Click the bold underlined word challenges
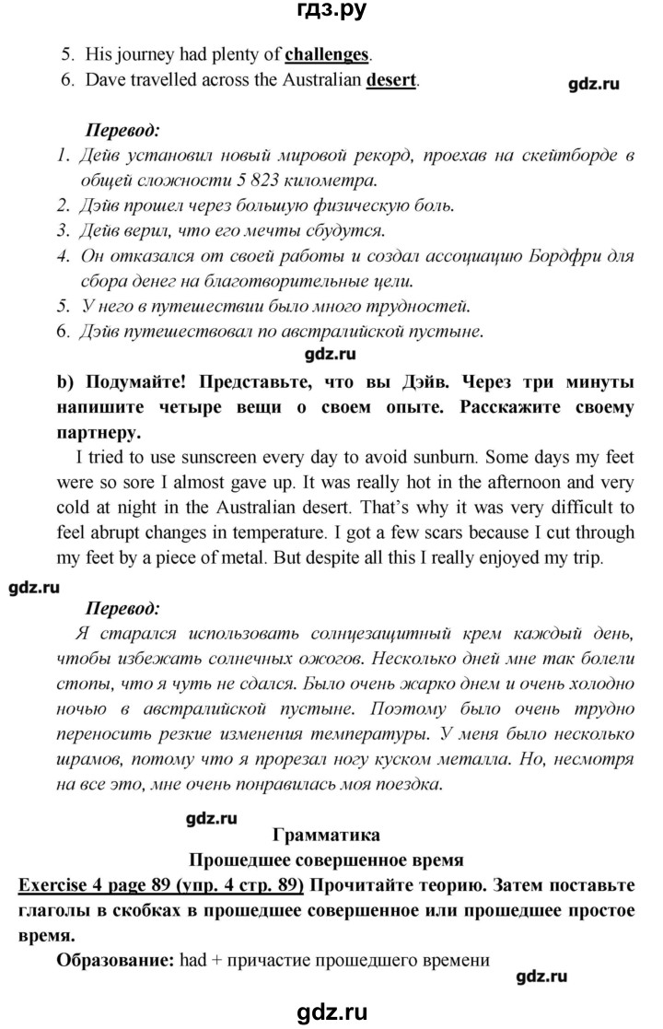tap(325, 54)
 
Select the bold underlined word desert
tap(391, 80)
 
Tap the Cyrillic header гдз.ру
tap(331, 12)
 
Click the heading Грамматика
tap(326, 836)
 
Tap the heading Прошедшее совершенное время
tap(325, 860)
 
